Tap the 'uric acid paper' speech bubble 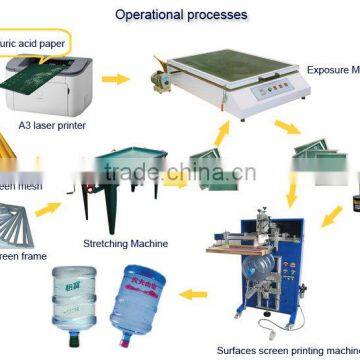point(42,43)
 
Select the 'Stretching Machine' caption point(124,241)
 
